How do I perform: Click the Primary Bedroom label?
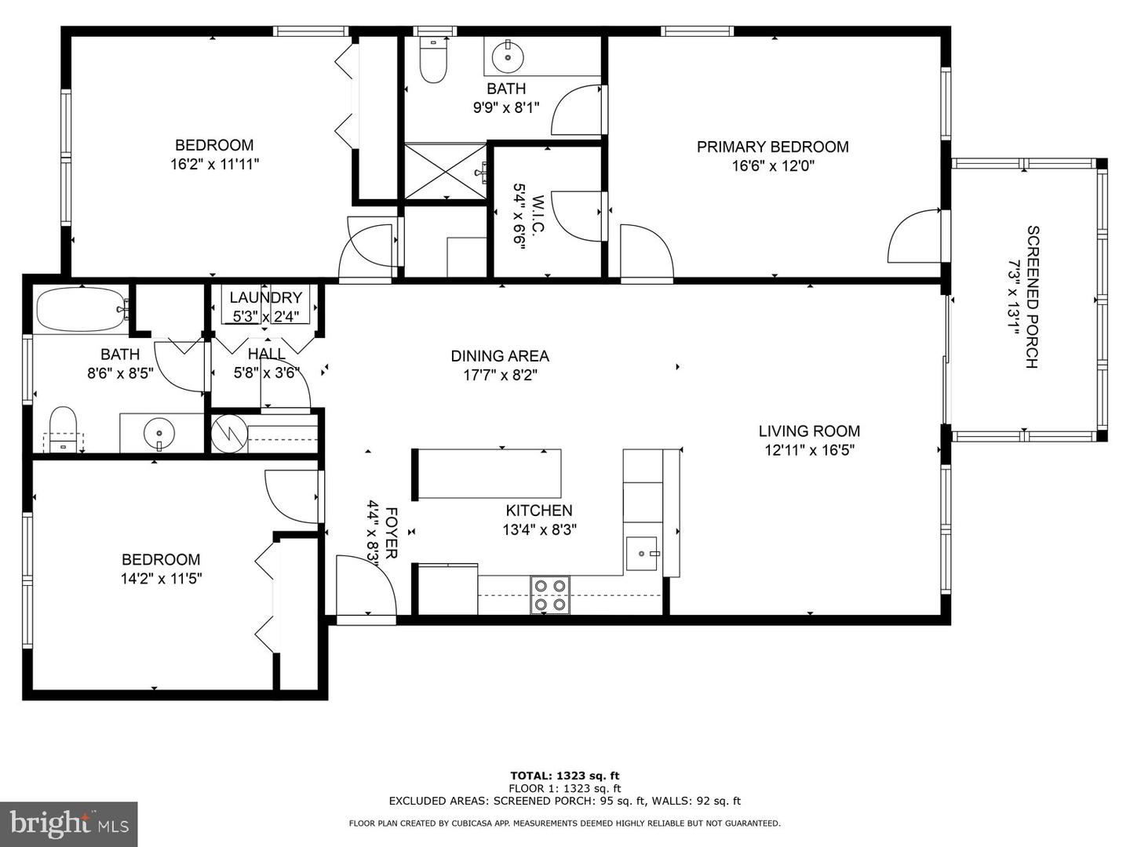click(772, 147)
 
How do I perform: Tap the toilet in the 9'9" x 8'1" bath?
click(432, 61)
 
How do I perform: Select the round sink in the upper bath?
click(507, 56)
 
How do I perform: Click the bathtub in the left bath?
click(81, 310)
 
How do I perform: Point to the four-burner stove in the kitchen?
click(549, 594)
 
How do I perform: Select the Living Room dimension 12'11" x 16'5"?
click(809, 450)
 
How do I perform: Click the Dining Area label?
click(500, 356)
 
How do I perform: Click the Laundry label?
click(265, 298)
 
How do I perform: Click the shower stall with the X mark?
click(443, 171)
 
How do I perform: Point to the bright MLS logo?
click(68, 823)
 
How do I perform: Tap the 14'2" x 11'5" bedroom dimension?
click(160, 579)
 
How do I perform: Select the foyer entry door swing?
click(365, 584)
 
